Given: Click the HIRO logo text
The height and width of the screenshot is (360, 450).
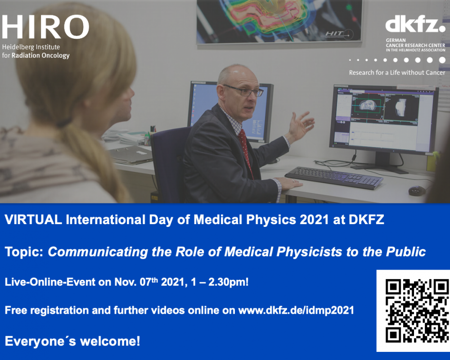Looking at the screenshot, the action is [x=45, y=27].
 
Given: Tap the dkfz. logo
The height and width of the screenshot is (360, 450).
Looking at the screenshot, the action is [x=415, y=25].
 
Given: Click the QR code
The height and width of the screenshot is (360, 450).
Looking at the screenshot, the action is [x=416, y=311].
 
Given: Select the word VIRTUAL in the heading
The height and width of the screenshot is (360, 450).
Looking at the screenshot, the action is [x=33, y=220].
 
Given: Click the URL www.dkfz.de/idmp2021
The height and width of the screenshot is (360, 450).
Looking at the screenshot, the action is [x=296, y=310].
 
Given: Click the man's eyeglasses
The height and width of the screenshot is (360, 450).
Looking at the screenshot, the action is [x=243, y=90].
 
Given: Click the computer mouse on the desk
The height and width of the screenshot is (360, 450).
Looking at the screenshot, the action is [x=417, y=191].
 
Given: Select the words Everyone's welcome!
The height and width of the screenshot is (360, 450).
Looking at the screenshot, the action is [x=72, y=342].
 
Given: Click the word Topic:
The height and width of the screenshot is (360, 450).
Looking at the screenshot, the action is [x=24, y=252].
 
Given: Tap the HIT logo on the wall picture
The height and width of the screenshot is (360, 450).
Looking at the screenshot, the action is [x=339, y=34].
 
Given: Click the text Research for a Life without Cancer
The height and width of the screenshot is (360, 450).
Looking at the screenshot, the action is [x=397, y=72].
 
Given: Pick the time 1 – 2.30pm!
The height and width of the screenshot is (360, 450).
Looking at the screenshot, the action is [x=220, y=282].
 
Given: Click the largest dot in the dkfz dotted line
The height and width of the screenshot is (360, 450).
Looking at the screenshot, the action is [x=442, y=60].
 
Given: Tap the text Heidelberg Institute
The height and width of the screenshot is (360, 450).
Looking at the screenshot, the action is [x=31, y=47].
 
